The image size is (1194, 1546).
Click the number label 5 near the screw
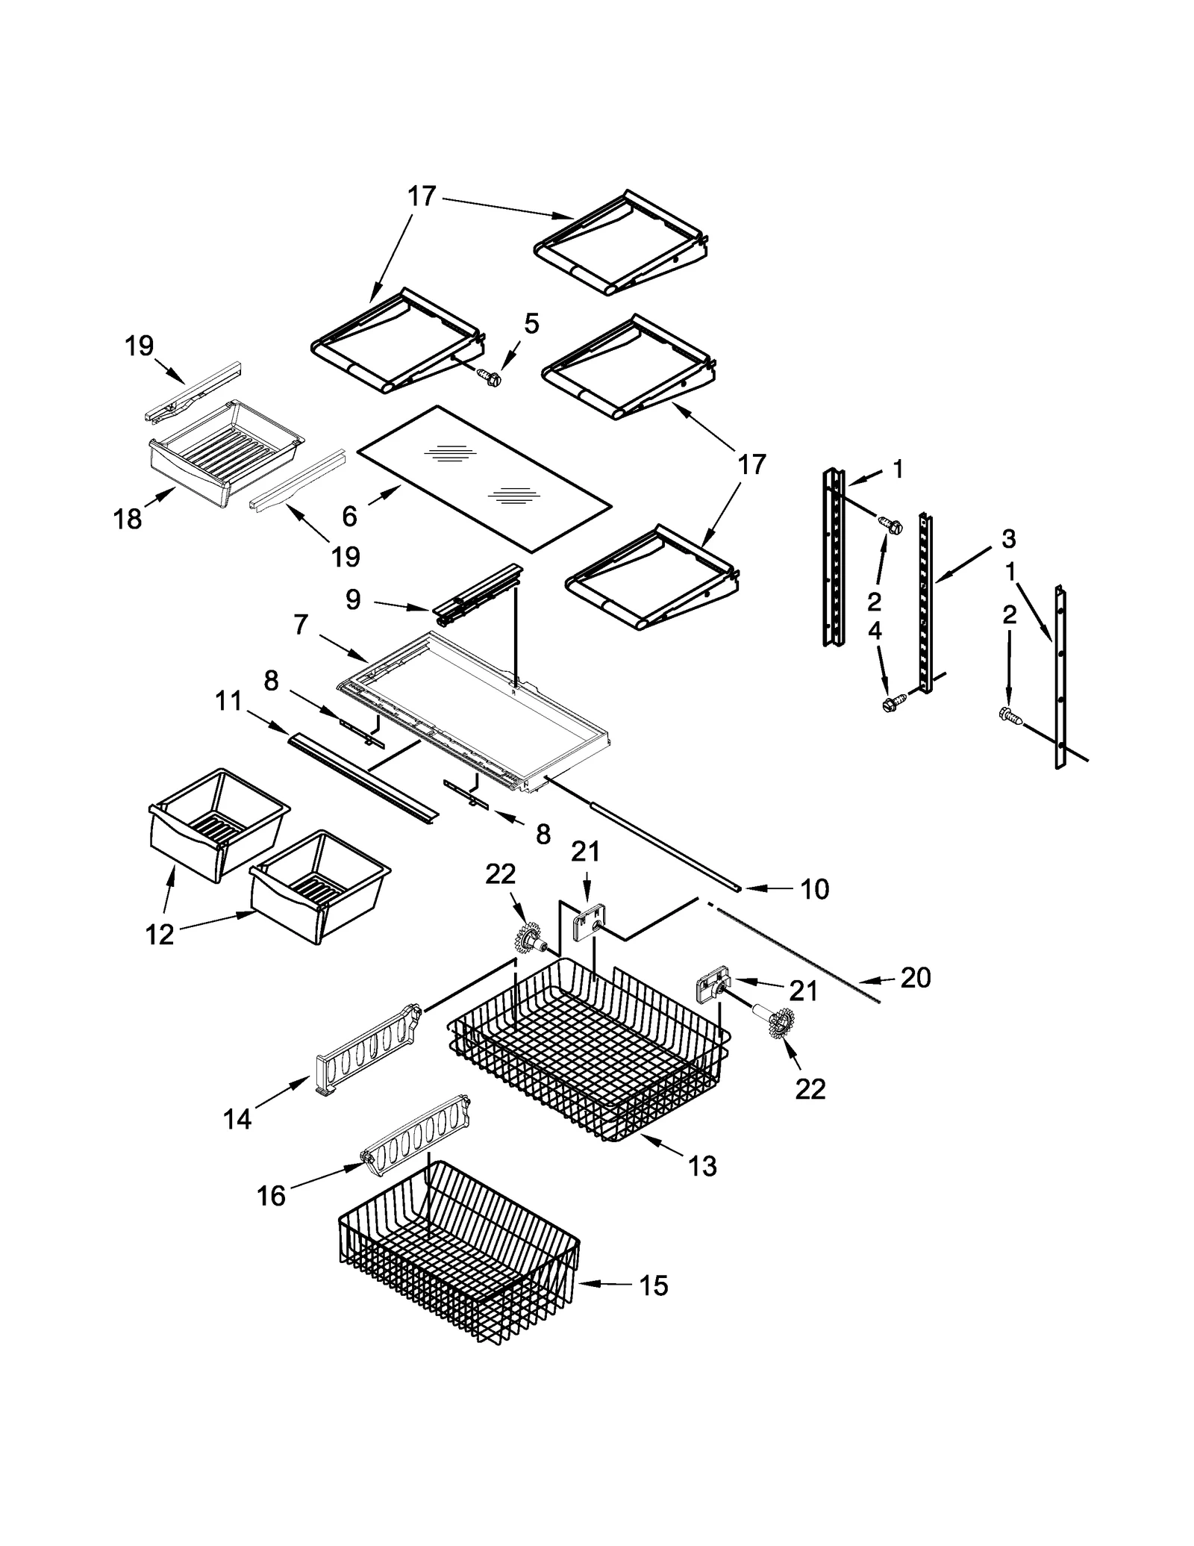[531, 323]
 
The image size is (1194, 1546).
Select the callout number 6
[349, 515]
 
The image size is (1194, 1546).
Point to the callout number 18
[128, 518]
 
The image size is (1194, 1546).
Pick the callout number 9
[353, 599]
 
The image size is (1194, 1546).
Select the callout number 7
[301, 624]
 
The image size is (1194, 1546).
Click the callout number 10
[814, 889]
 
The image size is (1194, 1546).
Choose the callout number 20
[915, 977]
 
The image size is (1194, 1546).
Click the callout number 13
[702, 1165]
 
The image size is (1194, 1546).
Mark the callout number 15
[653, 1285]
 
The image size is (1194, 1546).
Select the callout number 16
[271, 1196]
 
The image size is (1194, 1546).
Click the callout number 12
[160, 934]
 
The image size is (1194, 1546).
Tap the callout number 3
[1008, 537]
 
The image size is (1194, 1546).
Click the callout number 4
[875, 631]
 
